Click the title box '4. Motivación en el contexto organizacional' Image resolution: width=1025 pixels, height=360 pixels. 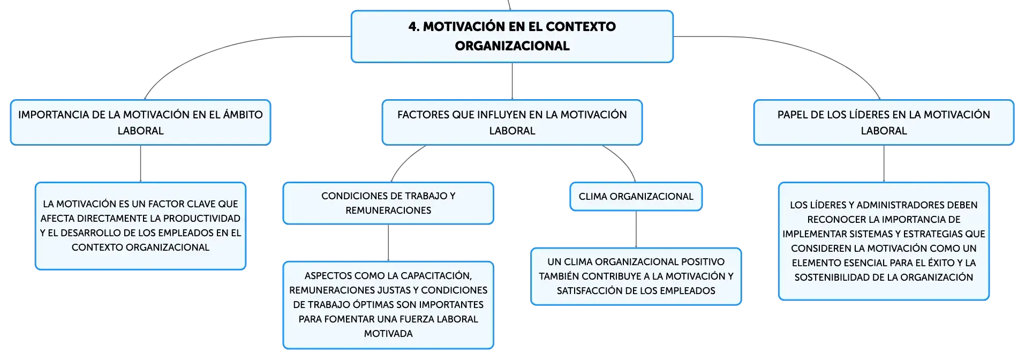coord(512,36)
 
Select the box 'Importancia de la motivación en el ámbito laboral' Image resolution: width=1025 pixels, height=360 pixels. coord(140,122)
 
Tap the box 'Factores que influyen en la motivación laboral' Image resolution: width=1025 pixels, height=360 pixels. coord(512,122)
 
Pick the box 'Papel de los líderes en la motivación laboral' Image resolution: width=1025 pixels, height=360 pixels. coord(884,122)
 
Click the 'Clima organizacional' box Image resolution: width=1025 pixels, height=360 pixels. coord(636,197)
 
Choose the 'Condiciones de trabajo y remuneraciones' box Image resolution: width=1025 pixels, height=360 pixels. coord(388,203)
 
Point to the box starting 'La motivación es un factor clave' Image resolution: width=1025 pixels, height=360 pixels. coord(140,226)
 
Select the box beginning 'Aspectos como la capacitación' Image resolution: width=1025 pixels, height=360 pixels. coord(388,305)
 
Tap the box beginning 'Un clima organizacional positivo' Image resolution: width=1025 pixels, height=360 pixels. coord(636,276)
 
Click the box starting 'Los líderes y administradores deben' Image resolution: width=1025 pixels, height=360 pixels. coord(884,241)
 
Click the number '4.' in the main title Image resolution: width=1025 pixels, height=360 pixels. coord(414,27)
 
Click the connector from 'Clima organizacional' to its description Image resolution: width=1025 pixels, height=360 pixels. coord(636,229)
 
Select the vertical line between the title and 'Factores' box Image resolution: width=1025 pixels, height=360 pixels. coord(512,81)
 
